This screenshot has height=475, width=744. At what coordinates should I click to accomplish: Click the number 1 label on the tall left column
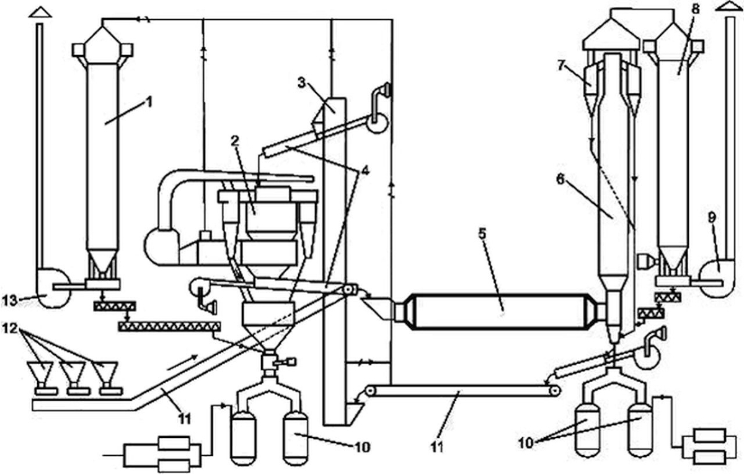[149, 102]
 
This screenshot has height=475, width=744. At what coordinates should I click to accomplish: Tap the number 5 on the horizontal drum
[482, 233]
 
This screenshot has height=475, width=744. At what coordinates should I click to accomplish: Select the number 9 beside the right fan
[712, 217]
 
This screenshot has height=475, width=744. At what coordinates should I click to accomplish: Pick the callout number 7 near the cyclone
[562, 66]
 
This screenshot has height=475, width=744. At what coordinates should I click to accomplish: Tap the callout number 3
[301, 82]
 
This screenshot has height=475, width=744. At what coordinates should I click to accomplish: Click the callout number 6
[560, 180]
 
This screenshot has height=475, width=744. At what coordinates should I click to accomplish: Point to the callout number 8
[695, 9]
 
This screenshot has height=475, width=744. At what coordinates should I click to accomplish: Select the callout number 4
[365, 171]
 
